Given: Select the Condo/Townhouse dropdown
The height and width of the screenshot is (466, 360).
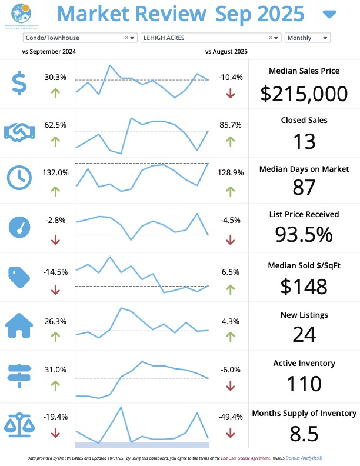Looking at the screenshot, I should [79, 38].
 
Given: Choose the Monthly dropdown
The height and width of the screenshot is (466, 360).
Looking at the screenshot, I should [307, 38].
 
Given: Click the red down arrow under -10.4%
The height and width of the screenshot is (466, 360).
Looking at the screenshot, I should [230, 93].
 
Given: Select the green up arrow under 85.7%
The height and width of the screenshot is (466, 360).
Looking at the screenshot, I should [230, 141].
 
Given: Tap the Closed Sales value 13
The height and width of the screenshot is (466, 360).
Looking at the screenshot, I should [304, 141].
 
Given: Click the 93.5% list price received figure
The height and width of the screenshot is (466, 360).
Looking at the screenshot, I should [304, 234].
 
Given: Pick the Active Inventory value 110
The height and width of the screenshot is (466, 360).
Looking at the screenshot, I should [304, 384].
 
